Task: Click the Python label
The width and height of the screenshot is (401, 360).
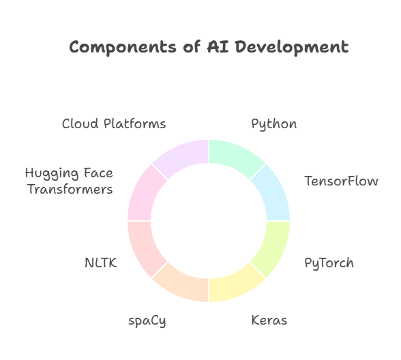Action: [274, 124]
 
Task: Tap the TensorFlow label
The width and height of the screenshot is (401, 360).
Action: [341, 181]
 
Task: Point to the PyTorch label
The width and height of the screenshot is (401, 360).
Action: [329, 263]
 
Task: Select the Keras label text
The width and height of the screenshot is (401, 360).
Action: [269, 320]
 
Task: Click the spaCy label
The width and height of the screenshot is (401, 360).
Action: [147, 321]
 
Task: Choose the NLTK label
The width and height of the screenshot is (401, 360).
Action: [101, 263]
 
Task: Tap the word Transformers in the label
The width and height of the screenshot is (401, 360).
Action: [70, 190]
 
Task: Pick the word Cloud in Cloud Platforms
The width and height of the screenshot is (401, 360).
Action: [80, 124]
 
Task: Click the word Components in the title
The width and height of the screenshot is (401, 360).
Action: [123, 48]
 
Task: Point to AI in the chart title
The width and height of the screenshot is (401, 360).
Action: [218, 47]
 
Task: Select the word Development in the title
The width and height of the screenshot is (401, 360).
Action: [292, 48]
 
